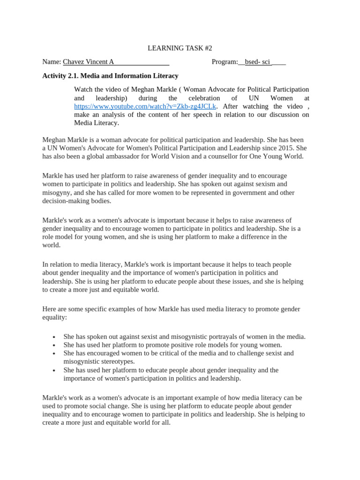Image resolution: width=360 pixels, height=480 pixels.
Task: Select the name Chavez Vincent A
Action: tap(88, 62)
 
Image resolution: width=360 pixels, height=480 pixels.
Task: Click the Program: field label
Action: tap(225, 62)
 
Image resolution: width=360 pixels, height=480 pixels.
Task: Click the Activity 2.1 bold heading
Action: tap(110, 75)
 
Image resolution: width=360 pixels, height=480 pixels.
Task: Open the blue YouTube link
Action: tap(145, 106)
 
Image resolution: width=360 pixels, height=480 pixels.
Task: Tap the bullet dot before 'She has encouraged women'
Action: tap(54, 354)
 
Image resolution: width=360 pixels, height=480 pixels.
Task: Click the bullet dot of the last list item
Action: tap(54, 371)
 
